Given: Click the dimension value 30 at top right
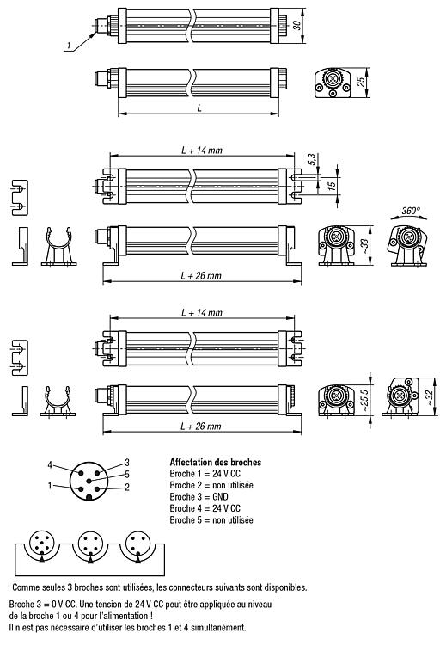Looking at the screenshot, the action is [x=296, y=25].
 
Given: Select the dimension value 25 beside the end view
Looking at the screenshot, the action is [x=361, y=82].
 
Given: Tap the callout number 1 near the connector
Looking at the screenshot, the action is [x=69, y=45].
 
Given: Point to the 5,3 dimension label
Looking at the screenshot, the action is [x=312, y=160].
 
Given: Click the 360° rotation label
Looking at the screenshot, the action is [x=411, y=211].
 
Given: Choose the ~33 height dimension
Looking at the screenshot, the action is [x=364, y=245].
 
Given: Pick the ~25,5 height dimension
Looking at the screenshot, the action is [x=364, y=398].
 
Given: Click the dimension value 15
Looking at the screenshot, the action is [x=332, y=183].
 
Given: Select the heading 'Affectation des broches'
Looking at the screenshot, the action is [x=216, y=463].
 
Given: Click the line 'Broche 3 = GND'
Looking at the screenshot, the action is [x=199, y=497].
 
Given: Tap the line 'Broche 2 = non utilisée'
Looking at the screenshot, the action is [x=211, y=485].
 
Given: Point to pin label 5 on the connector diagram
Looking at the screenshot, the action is [x=127, y=474].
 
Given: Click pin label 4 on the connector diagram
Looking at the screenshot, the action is [x=50, y=465].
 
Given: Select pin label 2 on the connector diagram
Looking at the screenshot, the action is [x=127, y=488].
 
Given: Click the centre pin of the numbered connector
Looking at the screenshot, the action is [x=89, y=481].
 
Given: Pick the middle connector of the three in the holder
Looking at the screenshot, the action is [x=90, y=543].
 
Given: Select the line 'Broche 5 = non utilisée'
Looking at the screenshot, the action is [x=211, y=520].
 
